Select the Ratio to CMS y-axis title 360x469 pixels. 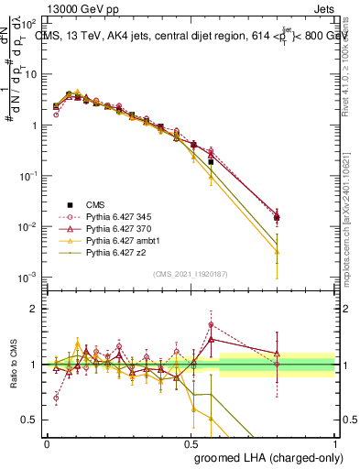15,365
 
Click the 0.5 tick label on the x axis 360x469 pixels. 191,442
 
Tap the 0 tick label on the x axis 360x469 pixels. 47,442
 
